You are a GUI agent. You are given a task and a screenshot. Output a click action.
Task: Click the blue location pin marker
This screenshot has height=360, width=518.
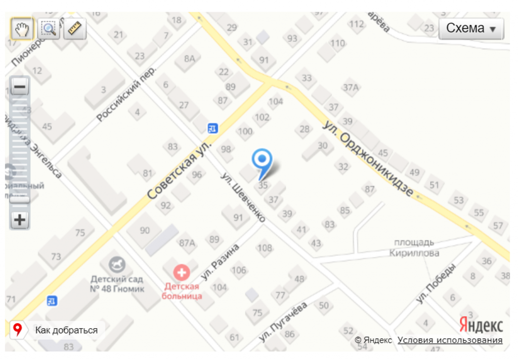262,160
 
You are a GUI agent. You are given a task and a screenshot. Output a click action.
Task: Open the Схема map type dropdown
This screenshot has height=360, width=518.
471,28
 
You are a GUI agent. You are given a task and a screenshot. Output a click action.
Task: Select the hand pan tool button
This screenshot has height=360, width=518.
22,29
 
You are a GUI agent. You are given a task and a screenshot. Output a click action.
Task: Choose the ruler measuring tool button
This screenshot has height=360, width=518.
75,29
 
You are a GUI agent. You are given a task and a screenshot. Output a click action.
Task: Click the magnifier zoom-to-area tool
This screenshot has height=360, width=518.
49,29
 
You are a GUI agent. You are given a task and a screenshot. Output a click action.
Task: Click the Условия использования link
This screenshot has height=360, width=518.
450,340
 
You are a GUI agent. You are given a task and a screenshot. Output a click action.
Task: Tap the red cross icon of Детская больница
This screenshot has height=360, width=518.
181,273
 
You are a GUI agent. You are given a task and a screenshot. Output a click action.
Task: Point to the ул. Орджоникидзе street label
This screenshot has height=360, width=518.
370,158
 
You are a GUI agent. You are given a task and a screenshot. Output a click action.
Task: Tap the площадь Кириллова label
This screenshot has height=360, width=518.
414,248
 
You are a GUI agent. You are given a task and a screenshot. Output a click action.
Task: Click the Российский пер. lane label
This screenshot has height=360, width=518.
126,94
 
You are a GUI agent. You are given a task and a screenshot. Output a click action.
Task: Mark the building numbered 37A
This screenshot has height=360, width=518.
350,87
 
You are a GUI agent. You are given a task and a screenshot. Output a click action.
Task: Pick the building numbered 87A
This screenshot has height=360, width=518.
187,243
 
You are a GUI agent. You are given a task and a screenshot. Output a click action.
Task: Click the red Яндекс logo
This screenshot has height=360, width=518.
481,325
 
